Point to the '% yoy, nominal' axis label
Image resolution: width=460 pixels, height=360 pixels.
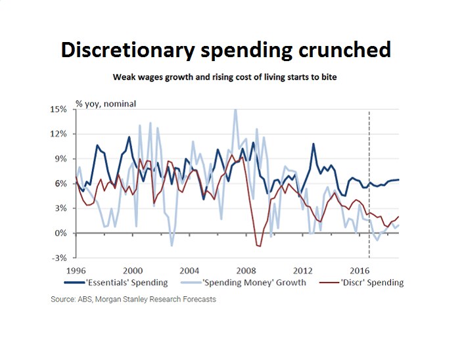(x=105, y=103)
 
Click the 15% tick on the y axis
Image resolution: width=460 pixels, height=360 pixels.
(x=58, y=109)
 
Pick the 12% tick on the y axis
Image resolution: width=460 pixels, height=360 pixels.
(x=58, y=134)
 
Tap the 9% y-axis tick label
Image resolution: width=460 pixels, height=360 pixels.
(x=60, y=159)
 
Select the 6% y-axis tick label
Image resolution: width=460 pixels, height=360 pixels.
(x=60, y=183)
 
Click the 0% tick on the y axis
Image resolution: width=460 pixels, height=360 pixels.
(x=60, y=233)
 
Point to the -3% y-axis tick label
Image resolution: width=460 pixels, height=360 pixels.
(x=59, y=258)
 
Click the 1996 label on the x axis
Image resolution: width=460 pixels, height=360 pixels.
(x=76, y=270)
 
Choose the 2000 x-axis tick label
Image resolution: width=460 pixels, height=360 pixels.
(x=133, y=270)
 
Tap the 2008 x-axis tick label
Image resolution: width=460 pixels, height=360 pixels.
(x=246, y=270)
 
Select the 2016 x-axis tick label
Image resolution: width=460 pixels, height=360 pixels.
(x=359, y=270)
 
